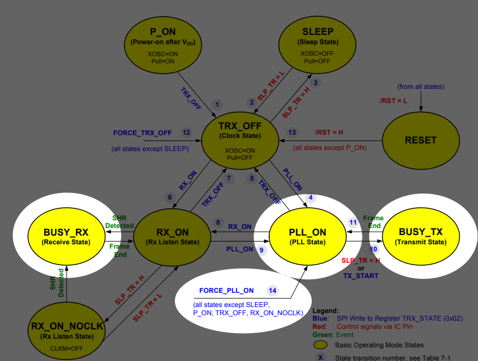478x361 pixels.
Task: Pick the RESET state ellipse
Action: tap(420, 140)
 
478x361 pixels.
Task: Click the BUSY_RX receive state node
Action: tap(66, 236)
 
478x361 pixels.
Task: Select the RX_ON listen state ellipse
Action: tap(173, 236)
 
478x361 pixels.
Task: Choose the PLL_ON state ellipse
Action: tap(307, 236)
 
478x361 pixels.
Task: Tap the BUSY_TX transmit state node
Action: tap(420, 236)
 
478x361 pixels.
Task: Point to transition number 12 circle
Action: tap(186, 133)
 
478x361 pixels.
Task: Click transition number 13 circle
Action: tap(292, 133)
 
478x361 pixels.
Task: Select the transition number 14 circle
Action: tap(273, 290)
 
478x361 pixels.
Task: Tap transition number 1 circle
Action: tap(217, 104)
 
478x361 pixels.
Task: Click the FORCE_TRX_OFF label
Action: tap(142, 133)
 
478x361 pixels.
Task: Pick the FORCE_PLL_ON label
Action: tap(226, 290)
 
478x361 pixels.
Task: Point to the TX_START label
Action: tap(360, 276)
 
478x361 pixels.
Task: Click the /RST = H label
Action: tap(329, 133)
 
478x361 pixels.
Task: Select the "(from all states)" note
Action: tap(421, 86)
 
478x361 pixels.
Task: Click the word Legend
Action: tap(325, 310)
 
